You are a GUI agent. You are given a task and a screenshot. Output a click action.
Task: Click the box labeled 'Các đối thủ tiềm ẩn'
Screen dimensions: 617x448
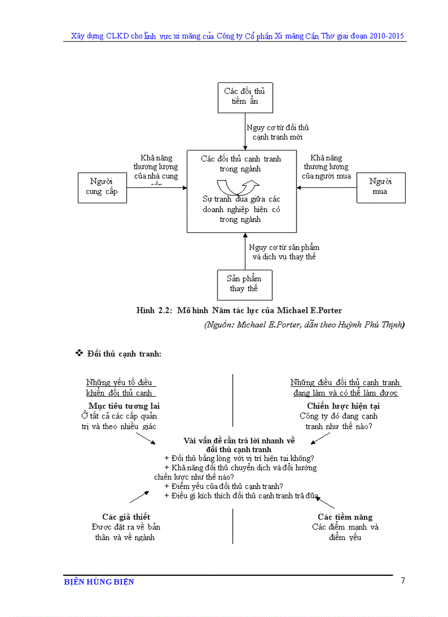244,97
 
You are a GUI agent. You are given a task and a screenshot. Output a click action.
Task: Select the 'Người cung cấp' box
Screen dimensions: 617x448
102,187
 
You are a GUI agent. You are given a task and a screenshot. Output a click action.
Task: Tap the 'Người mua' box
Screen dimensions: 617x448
380,187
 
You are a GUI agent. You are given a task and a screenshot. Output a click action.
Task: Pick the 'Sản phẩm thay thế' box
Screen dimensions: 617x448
244,284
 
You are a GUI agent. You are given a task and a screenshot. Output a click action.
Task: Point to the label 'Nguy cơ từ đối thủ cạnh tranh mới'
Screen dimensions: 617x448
277,132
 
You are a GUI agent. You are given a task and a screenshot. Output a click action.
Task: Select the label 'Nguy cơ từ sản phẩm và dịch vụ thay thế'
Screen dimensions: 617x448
284,252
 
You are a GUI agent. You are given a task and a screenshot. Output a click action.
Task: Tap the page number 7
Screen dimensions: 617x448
402,581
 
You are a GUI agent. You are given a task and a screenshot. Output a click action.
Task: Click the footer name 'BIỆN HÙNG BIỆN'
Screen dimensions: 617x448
99,582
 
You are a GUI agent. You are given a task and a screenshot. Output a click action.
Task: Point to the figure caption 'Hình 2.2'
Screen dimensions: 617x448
154,311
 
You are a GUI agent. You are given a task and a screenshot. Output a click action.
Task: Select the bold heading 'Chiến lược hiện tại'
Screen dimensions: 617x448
344,406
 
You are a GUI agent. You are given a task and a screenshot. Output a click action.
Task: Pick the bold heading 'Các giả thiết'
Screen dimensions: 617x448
126,517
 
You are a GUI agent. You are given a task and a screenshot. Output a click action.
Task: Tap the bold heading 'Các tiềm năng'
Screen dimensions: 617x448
345,517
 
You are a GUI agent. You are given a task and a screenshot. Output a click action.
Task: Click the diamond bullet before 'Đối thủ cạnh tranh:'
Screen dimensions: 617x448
79,353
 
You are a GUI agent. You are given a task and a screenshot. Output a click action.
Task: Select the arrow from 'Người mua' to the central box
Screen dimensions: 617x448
327,187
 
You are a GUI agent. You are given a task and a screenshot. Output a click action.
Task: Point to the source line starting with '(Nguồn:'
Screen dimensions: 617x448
304,325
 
